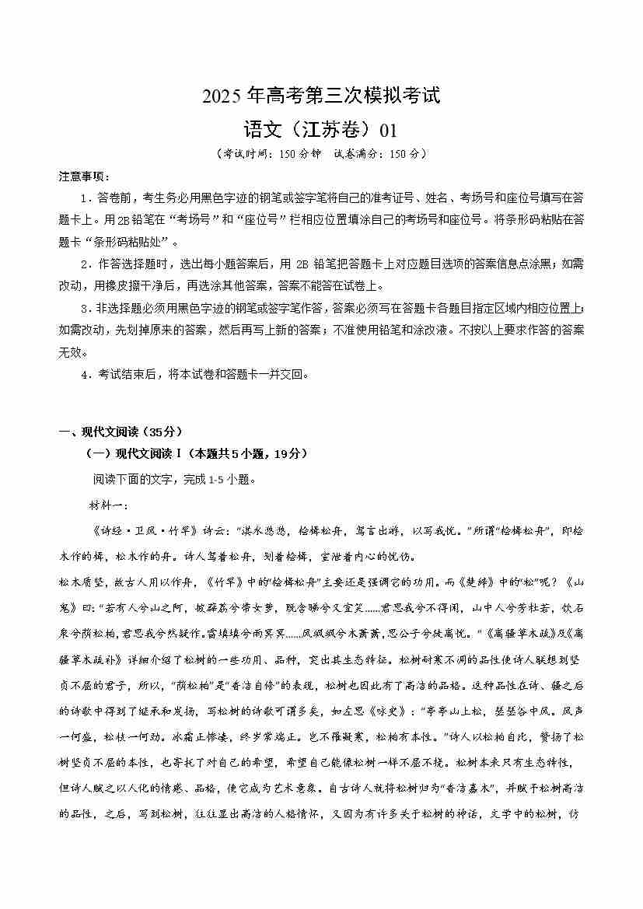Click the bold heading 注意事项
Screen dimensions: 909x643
coord(85,177)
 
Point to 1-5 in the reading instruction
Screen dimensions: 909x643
coord(219,479)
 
